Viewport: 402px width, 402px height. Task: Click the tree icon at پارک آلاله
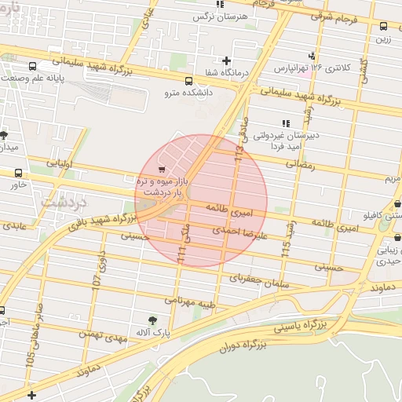(153, 320)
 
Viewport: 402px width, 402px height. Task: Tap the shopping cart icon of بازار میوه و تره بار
(162, 170)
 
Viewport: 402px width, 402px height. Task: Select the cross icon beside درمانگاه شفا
(227, 60)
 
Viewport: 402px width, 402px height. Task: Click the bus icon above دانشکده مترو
(188, 81)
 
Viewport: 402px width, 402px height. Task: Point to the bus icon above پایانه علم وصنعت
(32, 66)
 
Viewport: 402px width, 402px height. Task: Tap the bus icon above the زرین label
(383, 26)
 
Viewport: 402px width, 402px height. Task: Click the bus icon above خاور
(19, 173)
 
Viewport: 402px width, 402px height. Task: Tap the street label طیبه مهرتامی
(190, 300)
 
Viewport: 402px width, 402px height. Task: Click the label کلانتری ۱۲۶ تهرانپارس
(314, 68)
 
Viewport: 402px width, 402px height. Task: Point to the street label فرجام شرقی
(332, 16)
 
